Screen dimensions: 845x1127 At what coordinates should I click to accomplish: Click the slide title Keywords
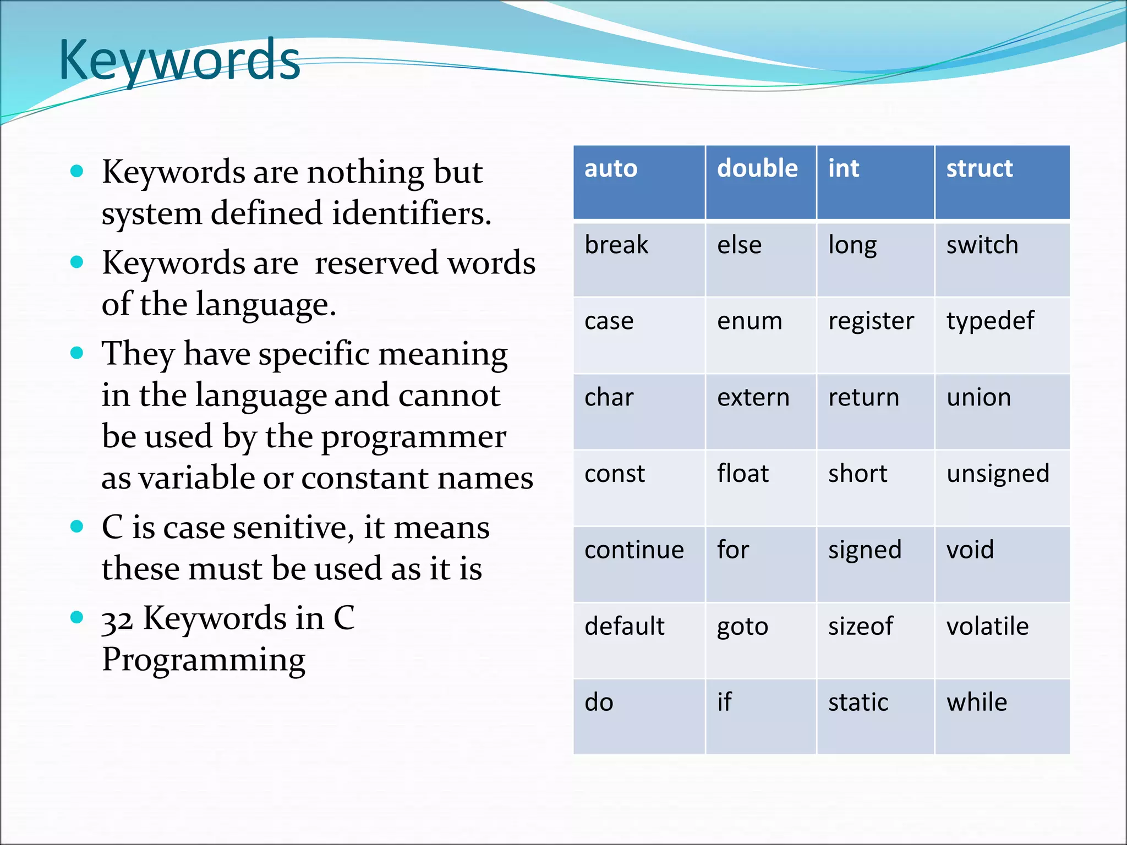coord(179,61)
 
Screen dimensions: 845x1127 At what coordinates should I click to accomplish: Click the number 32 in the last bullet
coord(117,621)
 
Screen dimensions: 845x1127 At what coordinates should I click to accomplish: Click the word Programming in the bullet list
coord(204,660)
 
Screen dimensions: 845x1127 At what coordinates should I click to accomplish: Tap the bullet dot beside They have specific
coord(77,353)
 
